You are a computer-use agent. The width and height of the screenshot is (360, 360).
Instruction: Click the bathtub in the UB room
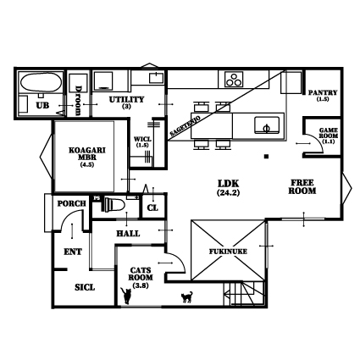(x=41, y=82)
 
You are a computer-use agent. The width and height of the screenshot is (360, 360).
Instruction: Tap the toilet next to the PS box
(x=114, y=205)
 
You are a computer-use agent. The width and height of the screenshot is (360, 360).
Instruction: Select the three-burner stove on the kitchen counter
(x=234, y=79)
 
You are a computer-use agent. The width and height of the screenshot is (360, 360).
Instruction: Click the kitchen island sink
(x=267, y=125)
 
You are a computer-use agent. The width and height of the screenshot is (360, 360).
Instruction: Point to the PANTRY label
(x=323, y=92)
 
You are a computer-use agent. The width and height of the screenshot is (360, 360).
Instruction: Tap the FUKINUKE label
(x=228, y=252)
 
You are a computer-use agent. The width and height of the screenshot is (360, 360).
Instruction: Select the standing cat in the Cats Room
(x=126, y=296)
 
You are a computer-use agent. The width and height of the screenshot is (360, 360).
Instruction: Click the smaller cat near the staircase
(x=186, y=297)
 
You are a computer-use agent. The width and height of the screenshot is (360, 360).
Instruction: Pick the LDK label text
(x=229, y=184)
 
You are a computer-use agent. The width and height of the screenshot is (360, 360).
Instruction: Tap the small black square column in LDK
(x=266, y=156)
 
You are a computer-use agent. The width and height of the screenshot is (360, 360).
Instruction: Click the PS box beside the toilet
(x=97, y=198)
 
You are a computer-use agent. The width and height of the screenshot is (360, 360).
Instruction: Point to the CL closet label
(x=152, y=208)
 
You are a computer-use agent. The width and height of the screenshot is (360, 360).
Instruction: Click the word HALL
(x=128, y=234)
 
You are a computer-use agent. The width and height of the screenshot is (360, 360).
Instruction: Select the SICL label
(x=85, y=287)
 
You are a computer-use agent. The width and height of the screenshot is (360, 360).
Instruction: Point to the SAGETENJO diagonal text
(x=186, y=126)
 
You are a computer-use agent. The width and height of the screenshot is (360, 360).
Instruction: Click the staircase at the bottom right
(x=244, y=293)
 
